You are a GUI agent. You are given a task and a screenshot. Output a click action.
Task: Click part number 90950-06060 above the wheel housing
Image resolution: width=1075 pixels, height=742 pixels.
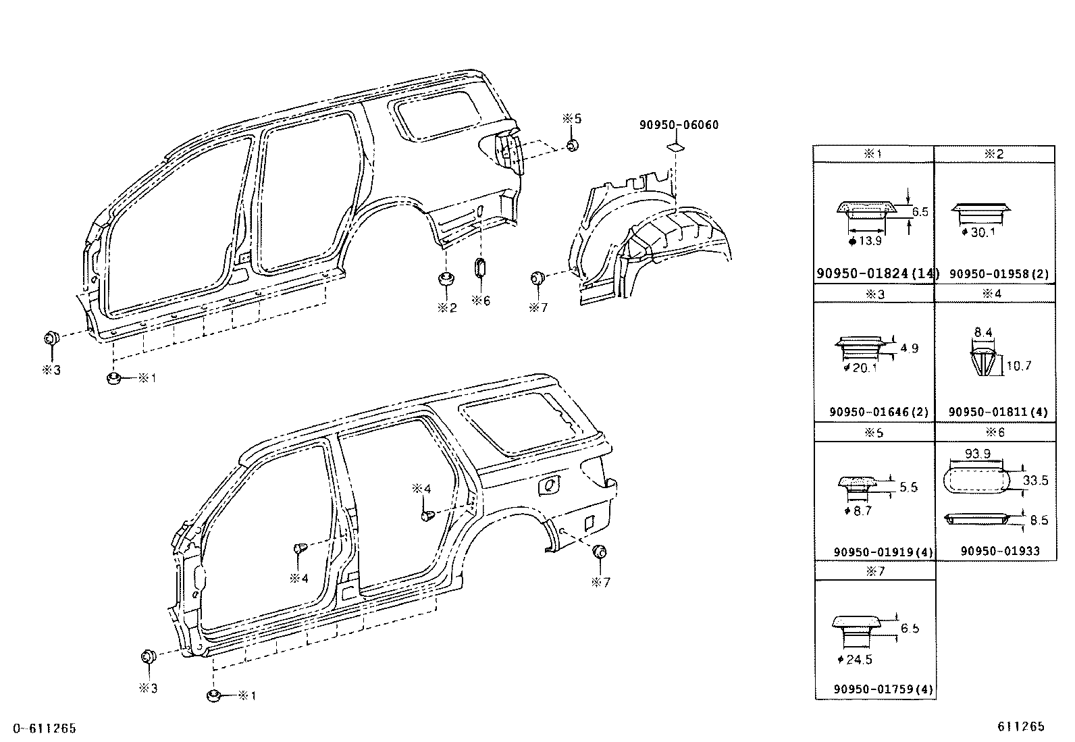679,125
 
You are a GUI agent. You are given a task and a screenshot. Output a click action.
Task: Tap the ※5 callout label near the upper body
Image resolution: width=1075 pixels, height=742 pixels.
571,119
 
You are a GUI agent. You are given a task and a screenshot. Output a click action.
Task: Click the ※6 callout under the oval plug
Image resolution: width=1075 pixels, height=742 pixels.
481,300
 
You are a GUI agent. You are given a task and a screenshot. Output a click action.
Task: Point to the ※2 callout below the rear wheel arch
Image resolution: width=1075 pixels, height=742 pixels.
446,307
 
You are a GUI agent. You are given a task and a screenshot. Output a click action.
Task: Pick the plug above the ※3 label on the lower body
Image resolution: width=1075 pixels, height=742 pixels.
148,657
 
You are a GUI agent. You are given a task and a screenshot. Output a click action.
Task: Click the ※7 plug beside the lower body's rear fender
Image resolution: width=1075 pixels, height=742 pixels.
598,552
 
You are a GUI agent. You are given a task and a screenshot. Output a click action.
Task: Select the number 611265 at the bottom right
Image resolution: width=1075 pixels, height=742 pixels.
1020,726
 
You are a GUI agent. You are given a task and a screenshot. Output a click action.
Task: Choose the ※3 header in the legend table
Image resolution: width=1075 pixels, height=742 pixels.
874,294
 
